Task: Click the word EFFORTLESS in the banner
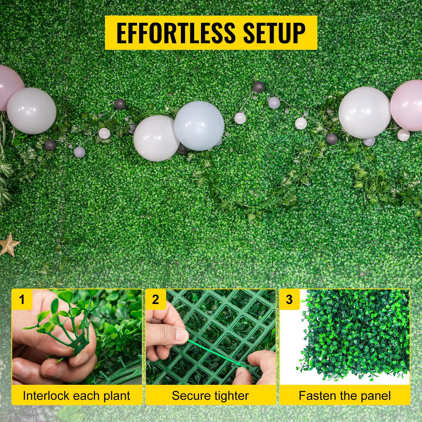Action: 176,33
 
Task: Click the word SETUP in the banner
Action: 274,33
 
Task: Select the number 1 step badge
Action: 22,299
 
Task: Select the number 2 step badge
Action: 156,299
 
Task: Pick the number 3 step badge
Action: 289,299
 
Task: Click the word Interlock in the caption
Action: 46,396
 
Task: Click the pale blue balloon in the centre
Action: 199,126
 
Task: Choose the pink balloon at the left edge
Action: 11,88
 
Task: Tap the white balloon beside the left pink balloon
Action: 32,111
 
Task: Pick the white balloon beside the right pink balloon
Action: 365,113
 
